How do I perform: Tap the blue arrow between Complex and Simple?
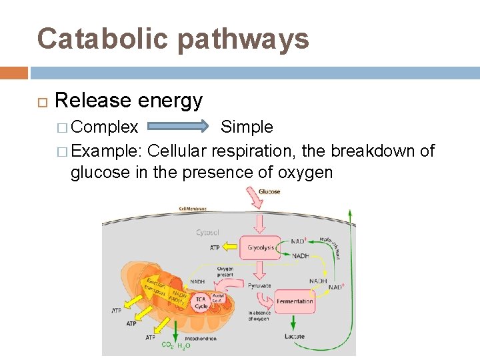point(179,127)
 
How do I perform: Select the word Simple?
point(247,127)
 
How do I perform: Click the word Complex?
point(105,127)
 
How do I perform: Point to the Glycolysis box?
point(261,247)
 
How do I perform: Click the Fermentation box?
point(294,301)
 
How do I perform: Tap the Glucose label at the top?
point(269,192)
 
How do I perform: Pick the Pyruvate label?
point(260,285)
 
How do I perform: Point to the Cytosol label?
point(208,233)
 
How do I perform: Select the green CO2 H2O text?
point(176,345)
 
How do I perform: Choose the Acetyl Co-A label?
point(219,299)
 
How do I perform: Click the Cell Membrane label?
point(192,209)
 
